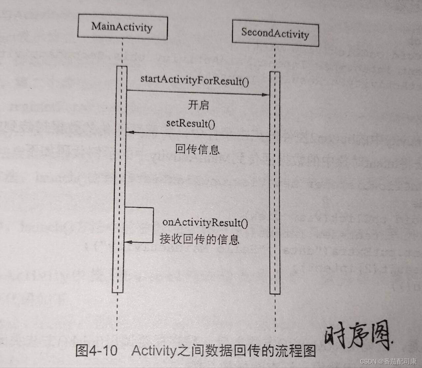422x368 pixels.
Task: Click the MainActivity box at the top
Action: tap(122, 27)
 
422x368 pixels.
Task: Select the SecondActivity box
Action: tap(275, 33)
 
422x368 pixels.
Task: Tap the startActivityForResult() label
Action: tap(195, 80)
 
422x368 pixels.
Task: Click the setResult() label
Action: tap(191, 124)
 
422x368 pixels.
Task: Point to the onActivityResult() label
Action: tap(205, 222)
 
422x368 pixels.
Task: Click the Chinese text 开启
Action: tap(198, 105)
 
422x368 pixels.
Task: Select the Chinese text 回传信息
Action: tap(197, 150)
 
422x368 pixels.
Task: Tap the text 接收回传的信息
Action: tap(199, 239)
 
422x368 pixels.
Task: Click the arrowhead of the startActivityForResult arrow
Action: tap(266, 95)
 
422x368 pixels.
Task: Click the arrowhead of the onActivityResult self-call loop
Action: tap(128, 243)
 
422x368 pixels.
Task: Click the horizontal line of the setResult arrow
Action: tap(198, 134)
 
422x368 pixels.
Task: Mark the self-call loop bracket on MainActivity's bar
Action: tap(153, 224)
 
